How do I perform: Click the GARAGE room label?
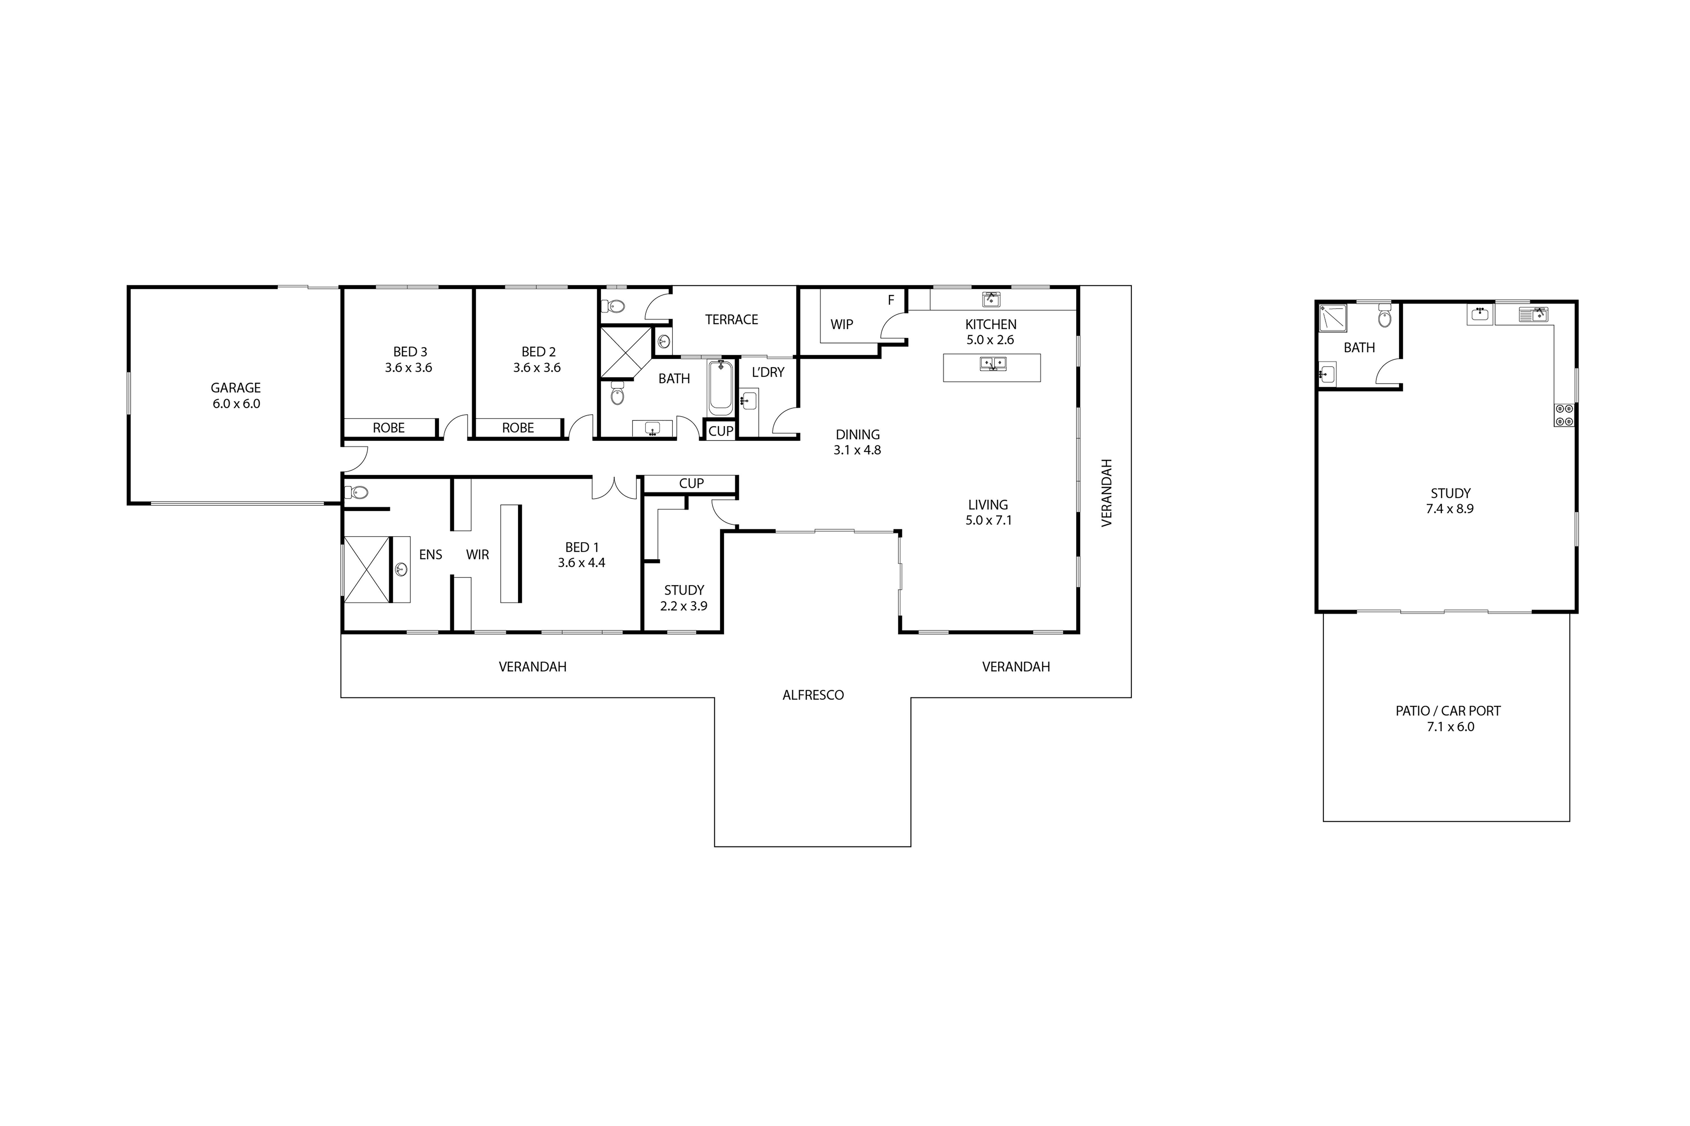click(236, 388)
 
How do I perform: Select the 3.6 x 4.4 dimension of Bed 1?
click(581, 563)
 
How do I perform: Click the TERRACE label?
click(731, 320)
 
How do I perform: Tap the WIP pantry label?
click(841, 325)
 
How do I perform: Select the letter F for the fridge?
click(891, 300)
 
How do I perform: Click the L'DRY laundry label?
click(768, 372)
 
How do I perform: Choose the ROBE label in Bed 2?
click(518, 428)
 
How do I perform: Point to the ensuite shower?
click(366, 569)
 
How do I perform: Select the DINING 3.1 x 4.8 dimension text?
click(857, 450)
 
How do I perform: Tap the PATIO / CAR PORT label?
click(1448, 711)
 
